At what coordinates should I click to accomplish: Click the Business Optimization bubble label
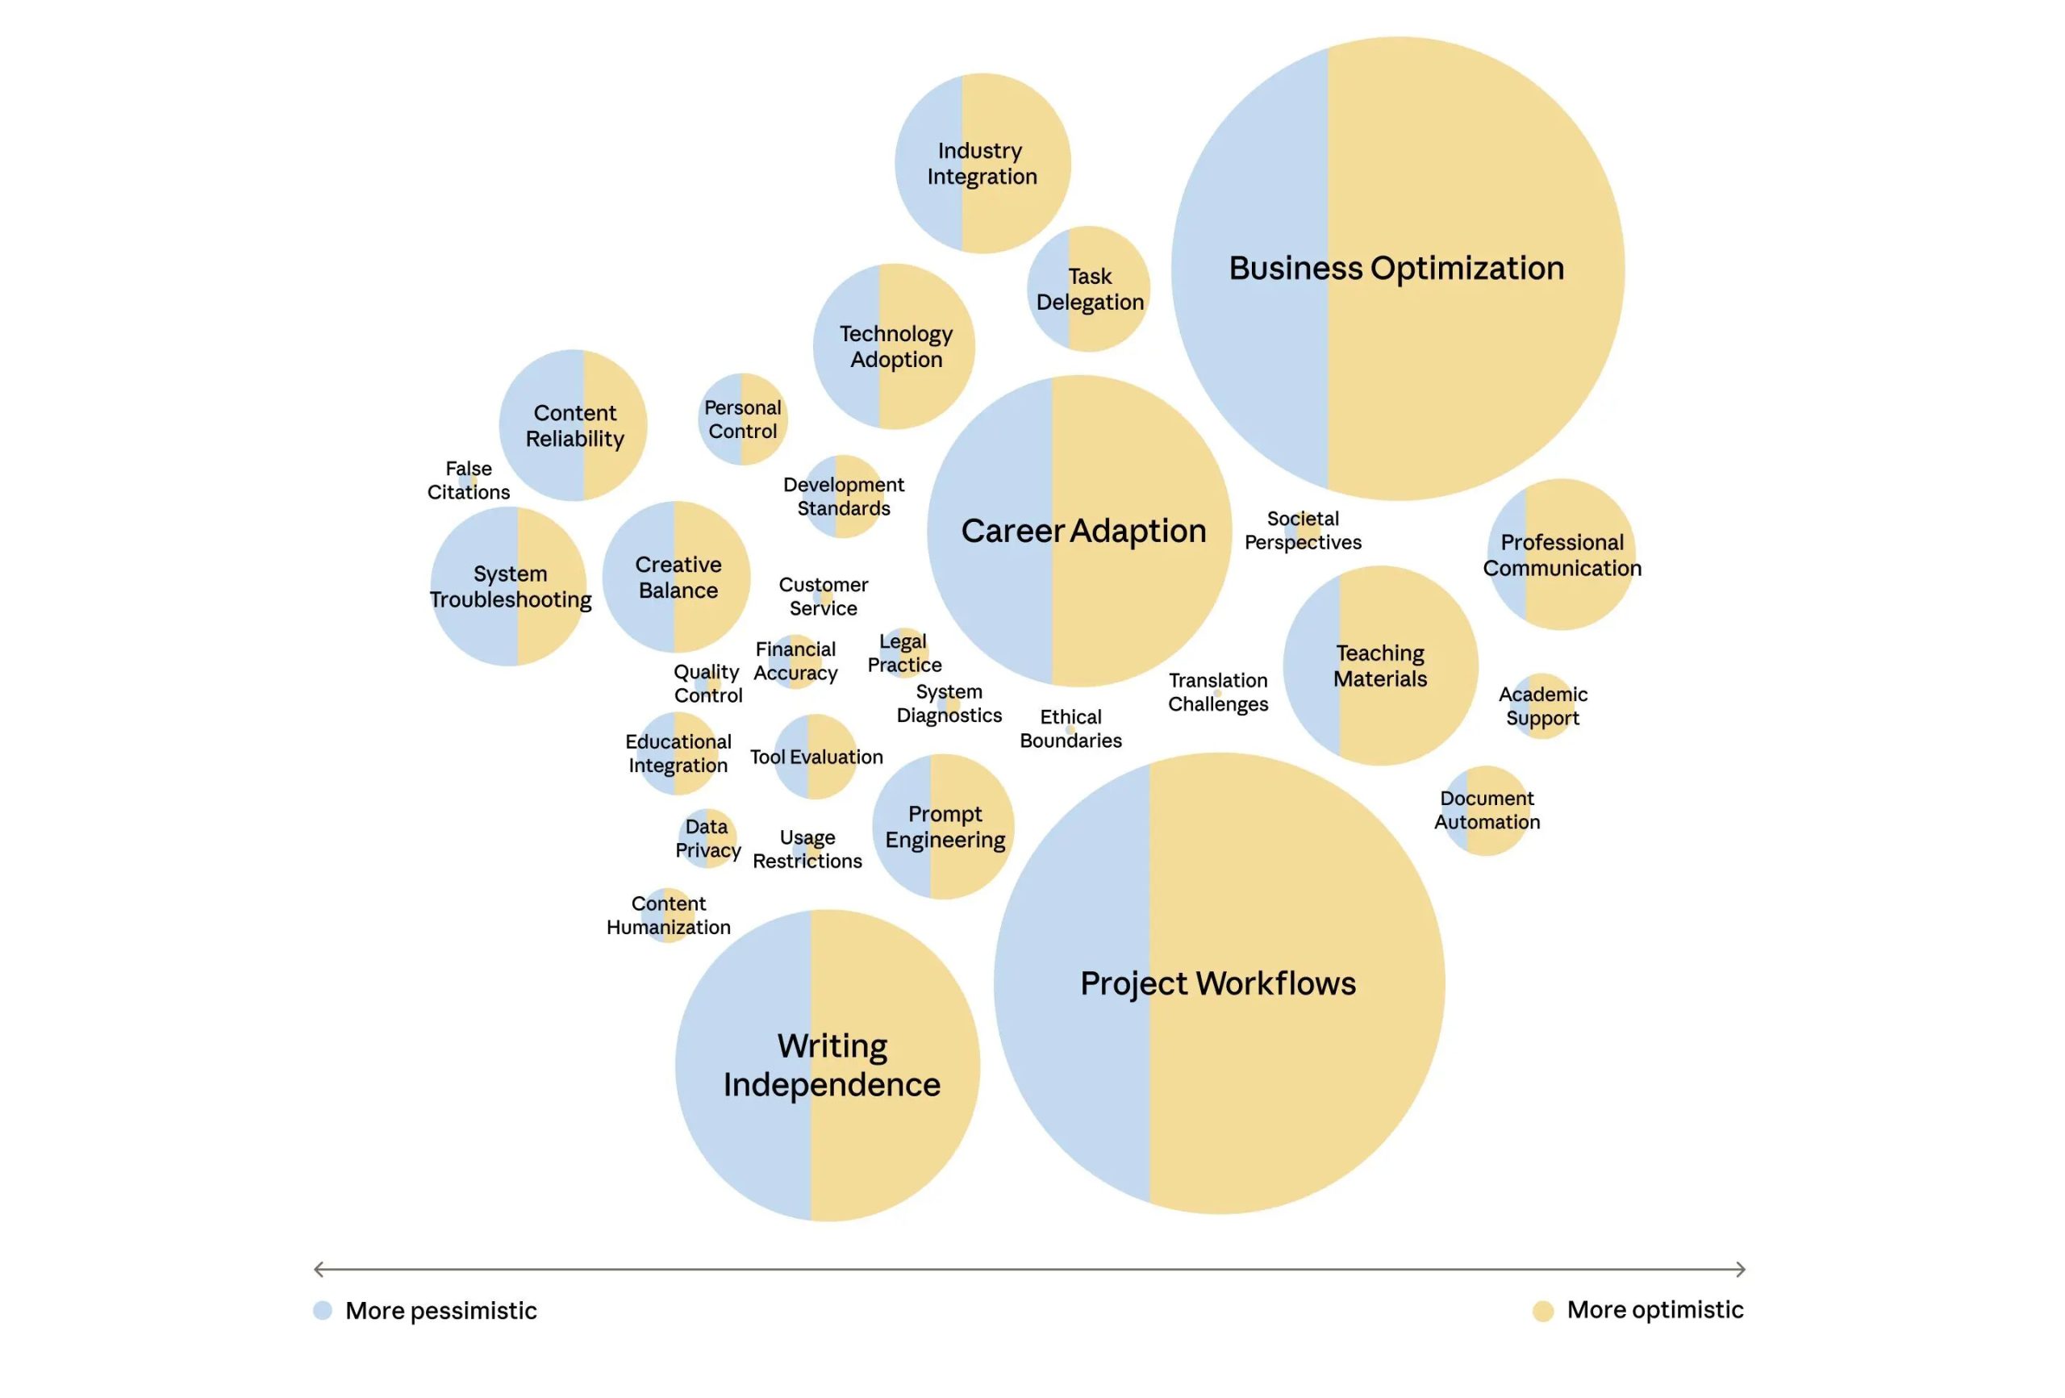tap(1396, 269)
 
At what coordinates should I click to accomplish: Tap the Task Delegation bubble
tap(1088, 289)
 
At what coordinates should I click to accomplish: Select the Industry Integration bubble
tap(982, 164)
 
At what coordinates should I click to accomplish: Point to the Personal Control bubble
tap(743, 419)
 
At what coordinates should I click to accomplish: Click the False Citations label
tap(469, 480)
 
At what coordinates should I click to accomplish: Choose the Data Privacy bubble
tap(707, 838)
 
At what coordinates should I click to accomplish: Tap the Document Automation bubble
tap(1487, 811)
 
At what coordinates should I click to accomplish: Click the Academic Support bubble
tap(1542, 706)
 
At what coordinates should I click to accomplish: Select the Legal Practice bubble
tap(903, 653)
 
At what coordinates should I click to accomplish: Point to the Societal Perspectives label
tap(1303, 531)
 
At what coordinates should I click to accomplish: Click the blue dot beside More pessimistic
tap(323, 1310)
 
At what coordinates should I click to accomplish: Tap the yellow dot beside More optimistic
tap(1543, 1311)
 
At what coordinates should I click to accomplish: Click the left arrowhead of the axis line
tap(319, 1269)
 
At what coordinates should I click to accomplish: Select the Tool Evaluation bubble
tap(816, 757)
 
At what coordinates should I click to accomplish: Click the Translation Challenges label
tap(1217, 692)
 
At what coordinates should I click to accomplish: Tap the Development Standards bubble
tap(843, 497)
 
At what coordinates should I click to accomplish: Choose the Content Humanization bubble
tap(668, 915)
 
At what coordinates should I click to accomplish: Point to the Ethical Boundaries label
tap(1070, 728)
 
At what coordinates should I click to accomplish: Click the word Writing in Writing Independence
tap(832, 1046)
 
